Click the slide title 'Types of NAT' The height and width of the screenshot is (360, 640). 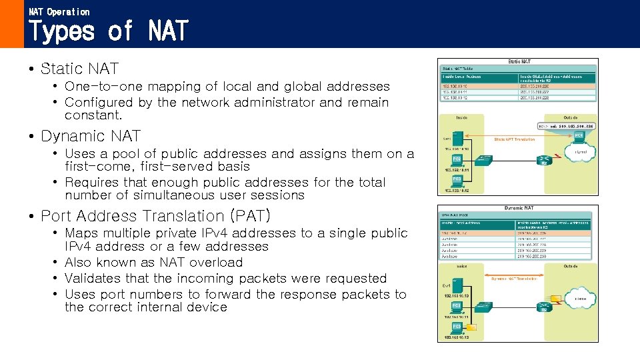(109, 31)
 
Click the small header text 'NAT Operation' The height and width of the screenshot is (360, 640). (59, 11)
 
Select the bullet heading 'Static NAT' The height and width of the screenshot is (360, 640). (79, 69)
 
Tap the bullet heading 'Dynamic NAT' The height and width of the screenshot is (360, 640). (91, 136)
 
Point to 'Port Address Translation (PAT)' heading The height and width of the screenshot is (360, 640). (155, 216)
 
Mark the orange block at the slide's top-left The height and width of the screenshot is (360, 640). (11, 24)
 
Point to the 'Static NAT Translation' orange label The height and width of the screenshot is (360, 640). (515, 139)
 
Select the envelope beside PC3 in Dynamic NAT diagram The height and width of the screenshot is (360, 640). (471, 327)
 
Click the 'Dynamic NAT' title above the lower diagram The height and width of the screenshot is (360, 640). (517, 208)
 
